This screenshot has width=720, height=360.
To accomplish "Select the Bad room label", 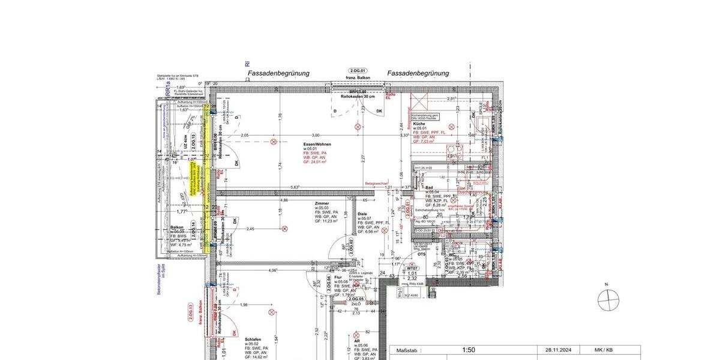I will [x=430, y=187].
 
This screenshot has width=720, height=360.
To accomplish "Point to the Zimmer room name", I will [x=322, y=203].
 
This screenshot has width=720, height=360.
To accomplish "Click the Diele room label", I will [x=363, y=214].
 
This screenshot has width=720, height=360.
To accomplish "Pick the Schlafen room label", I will [x=253, y=339].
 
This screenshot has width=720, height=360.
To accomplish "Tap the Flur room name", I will [x=338, y=277].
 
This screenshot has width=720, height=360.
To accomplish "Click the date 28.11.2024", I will [x=558, y=350].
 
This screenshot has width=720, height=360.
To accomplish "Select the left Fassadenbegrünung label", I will [x=278, y=73].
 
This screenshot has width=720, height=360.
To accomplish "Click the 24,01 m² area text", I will [x=317, y=162].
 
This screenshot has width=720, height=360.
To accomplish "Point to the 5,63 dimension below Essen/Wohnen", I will [x=295, y=187].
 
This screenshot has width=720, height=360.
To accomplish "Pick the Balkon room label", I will [x=176, y=228].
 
